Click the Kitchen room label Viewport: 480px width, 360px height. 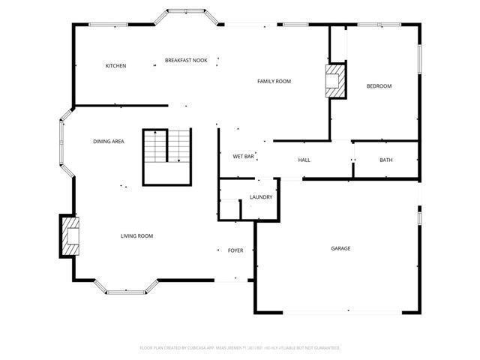point(115,66)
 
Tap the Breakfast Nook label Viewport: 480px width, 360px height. point(186,60)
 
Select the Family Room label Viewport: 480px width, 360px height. point(274,81)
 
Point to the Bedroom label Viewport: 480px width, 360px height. point(379,86)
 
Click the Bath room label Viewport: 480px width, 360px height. point(385,160)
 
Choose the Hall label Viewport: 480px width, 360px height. point(304,160)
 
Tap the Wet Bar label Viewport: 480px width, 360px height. point(243,157)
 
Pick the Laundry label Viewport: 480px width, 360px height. point(260,197)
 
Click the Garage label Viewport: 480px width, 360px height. point(341,248)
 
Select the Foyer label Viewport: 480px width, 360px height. point(235,250)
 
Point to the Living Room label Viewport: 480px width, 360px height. point(136,236)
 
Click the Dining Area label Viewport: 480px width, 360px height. point(109,142)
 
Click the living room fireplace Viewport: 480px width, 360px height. point(69,237)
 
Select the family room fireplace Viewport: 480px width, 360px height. point(335,81)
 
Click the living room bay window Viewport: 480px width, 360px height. point(126,289)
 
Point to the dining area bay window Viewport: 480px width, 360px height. point(64,142)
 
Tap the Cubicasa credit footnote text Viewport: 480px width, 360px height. point(240,348)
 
